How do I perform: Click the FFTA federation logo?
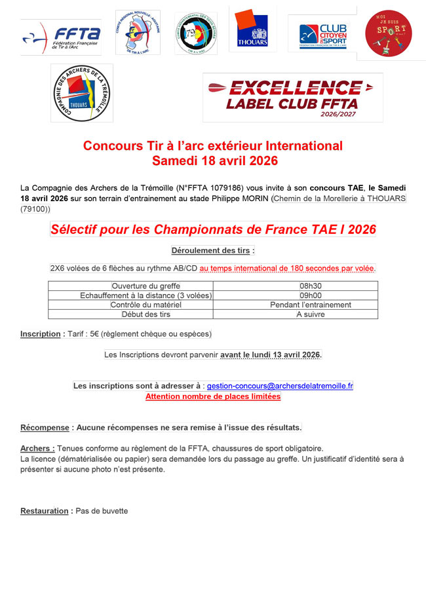click(x=60, y=35)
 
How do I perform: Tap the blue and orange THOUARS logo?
click(x=252, y=30)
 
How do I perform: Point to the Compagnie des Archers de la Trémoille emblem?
click(x=82, y=92)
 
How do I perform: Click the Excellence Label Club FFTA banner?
click(x=292, y=97)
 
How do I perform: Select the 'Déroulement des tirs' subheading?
click(x=212, y=250)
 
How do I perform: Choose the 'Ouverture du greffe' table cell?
click(x=145, y=286)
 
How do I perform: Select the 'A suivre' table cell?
click(x=311, y=314)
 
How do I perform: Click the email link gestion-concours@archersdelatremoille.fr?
click(x=280, y=386)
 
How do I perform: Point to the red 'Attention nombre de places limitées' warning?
click(x=212, y=396)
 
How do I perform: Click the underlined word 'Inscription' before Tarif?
click(x=40, y=334)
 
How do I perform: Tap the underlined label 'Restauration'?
click(x=45, y=511)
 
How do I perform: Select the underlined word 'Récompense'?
click(x=45, y=428)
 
